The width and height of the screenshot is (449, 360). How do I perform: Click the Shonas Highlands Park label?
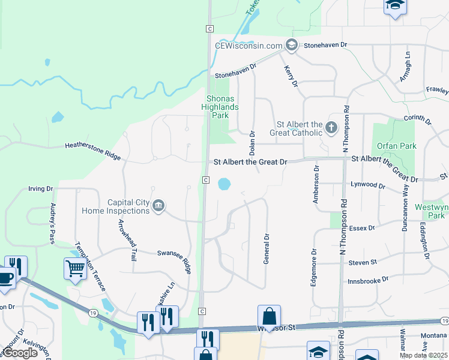click(x=223, y=107)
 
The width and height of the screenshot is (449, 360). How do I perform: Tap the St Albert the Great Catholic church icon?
click(x=331, y=127)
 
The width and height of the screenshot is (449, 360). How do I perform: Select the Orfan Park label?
click(x=388, y=145)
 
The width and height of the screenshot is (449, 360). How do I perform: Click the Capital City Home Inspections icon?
click(x=158, y=206)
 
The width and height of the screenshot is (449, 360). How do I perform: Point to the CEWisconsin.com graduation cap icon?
click(x=292, y=45)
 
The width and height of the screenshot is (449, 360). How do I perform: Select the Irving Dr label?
click(x=41, y=188)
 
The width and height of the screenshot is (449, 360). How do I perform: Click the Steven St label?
click(x=363, y=262)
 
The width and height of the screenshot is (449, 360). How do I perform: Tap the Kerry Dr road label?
click(x=291, y=76)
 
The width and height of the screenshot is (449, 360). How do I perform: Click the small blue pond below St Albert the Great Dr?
click(x=224, y=184)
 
